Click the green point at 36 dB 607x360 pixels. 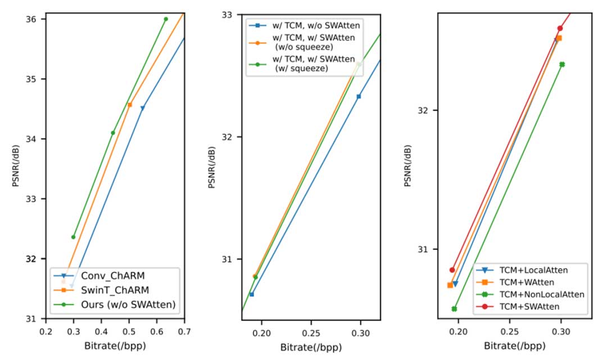click(166, 19)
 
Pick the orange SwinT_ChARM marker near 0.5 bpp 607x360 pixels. click(130, 105)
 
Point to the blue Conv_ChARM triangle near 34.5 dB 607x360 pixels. click(142, 108)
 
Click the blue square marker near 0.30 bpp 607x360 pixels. click(359, 97)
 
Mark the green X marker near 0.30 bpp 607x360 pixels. click(562, 65)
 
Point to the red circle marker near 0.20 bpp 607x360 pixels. click(452, 270)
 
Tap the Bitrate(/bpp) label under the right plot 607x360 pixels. click(514, 347)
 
